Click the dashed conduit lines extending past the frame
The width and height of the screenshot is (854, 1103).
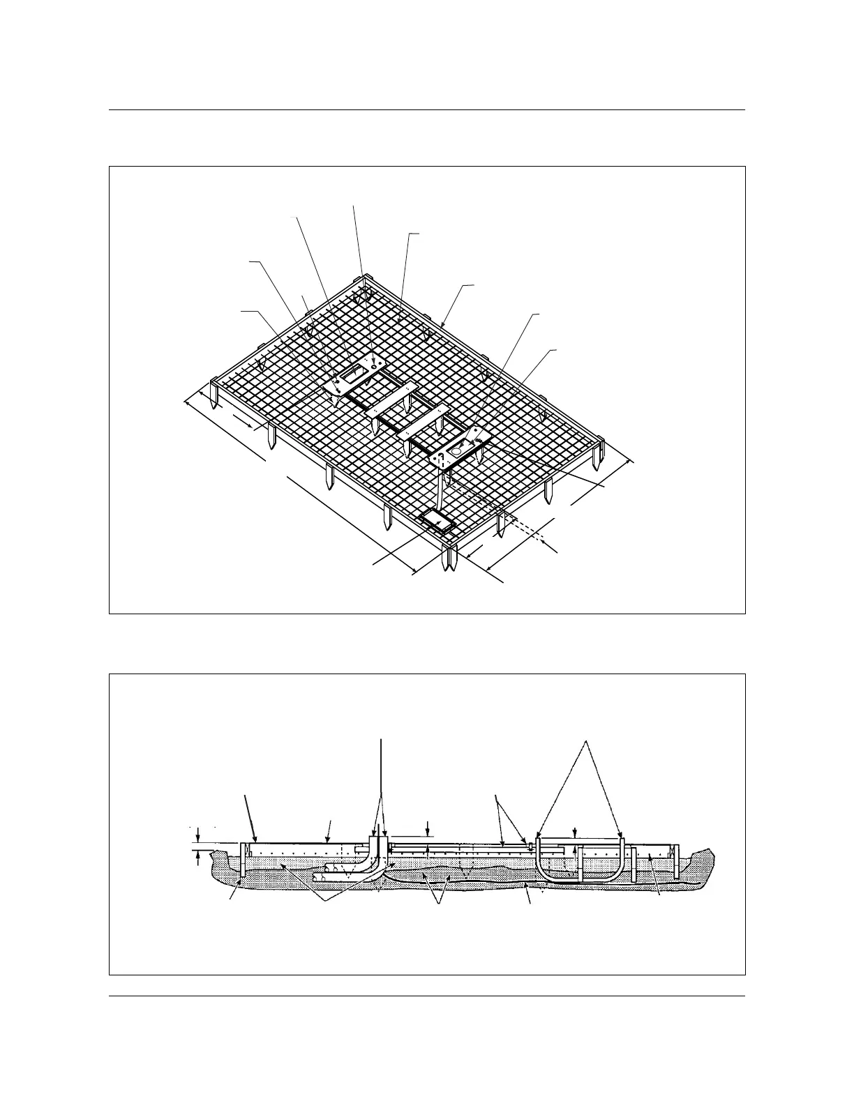click(530, 534)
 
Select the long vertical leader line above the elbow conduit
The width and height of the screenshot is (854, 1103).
click(381, 781)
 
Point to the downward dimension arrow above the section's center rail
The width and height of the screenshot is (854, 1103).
click(428, 828)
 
